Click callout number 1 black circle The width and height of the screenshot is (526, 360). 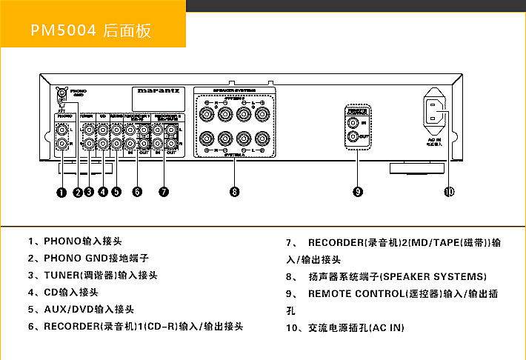pos(62,192)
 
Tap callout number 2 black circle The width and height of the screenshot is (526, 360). pos(77,192)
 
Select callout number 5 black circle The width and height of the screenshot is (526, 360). pos(116,192)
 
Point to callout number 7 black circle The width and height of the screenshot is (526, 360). pos(164,192)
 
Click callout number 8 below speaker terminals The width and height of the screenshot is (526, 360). pos(234,192)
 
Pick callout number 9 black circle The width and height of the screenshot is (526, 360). pos(358,192)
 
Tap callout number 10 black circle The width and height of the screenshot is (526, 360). pos(449,192)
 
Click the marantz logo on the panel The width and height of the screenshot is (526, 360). pos(159,93)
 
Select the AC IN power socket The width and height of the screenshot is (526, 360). pos(436,111)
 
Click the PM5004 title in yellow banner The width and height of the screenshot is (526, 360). pos(64,30)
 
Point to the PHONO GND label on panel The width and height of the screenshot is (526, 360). pos(78,93)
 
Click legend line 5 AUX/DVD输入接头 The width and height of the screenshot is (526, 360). pos(86,309)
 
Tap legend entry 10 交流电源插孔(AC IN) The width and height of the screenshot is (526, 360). pos(347,327)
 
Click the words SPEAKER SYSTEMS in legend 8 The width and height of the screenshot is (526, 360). pos(433,276)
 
